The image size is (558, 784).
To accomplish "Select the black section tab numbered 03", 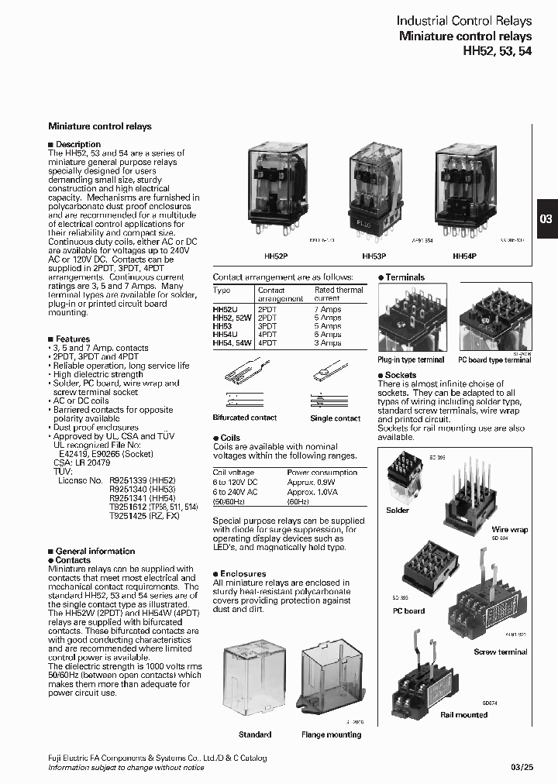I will (x=546, y=219).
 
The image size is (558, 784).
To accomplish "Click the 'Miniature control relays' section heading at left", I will (x=100, y=126).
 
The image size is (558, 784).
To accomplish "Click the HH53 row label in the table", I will (x=222, y=326).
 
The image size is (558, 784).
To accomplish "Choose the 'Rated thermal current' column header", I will (x=339, y=294).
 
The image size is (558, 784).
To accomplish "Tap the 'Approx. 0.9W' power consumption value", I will (x=312, y=481).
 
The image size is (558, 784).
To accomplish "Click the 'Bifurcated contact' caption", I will (x=244, y=418).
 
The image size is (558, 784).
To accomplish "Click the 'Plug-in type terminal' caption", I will (x=411, y=360).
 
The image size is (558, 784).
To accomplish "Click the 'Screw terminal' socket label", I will (x=500, y=652).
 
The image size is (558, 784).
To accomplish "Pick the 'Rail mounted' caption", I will (x=463, y=714).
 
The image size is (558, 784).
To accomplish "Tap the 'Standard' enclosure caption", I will (x=255, y=734).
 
